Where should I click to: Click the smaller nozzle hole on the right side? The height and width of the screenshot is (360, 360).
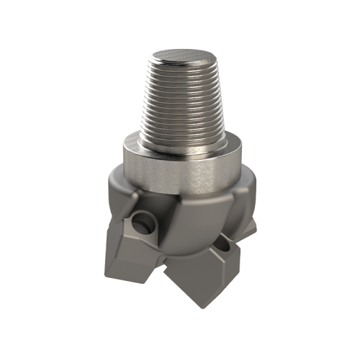pos(225,246)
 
